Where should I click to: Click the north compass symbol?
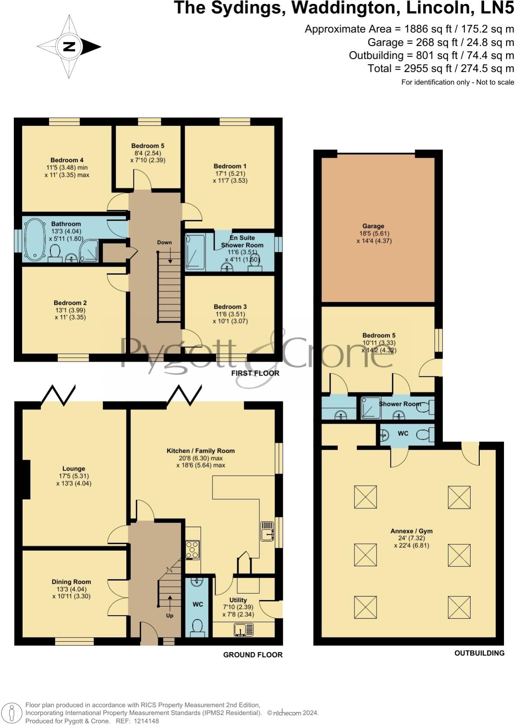point(69,47)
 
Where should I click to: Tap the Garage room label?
point(373,226)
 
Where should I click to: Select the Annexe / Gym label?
point(411,531)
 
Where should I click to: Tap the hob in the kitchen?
point(192,550)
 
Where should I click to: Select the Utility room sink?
point(243,629)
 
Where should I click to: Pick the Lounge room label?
point(74,468)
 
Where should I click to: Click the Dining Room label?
point(71,581)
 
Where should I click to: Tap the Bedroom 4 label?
point(67,160)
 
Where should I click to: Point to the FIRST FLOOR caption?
point(255,373)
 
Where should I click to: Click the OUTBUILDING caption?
point(479,653)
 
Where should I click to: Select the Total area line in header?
point(441,68)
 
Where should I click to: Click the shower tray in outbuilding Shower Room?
point(370,408)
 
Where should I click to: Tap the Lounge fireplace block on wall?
point(26,479)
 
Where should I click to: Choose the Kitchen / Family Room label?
point(200,451)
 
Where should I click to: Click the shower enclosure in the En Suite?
point(195,252)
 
